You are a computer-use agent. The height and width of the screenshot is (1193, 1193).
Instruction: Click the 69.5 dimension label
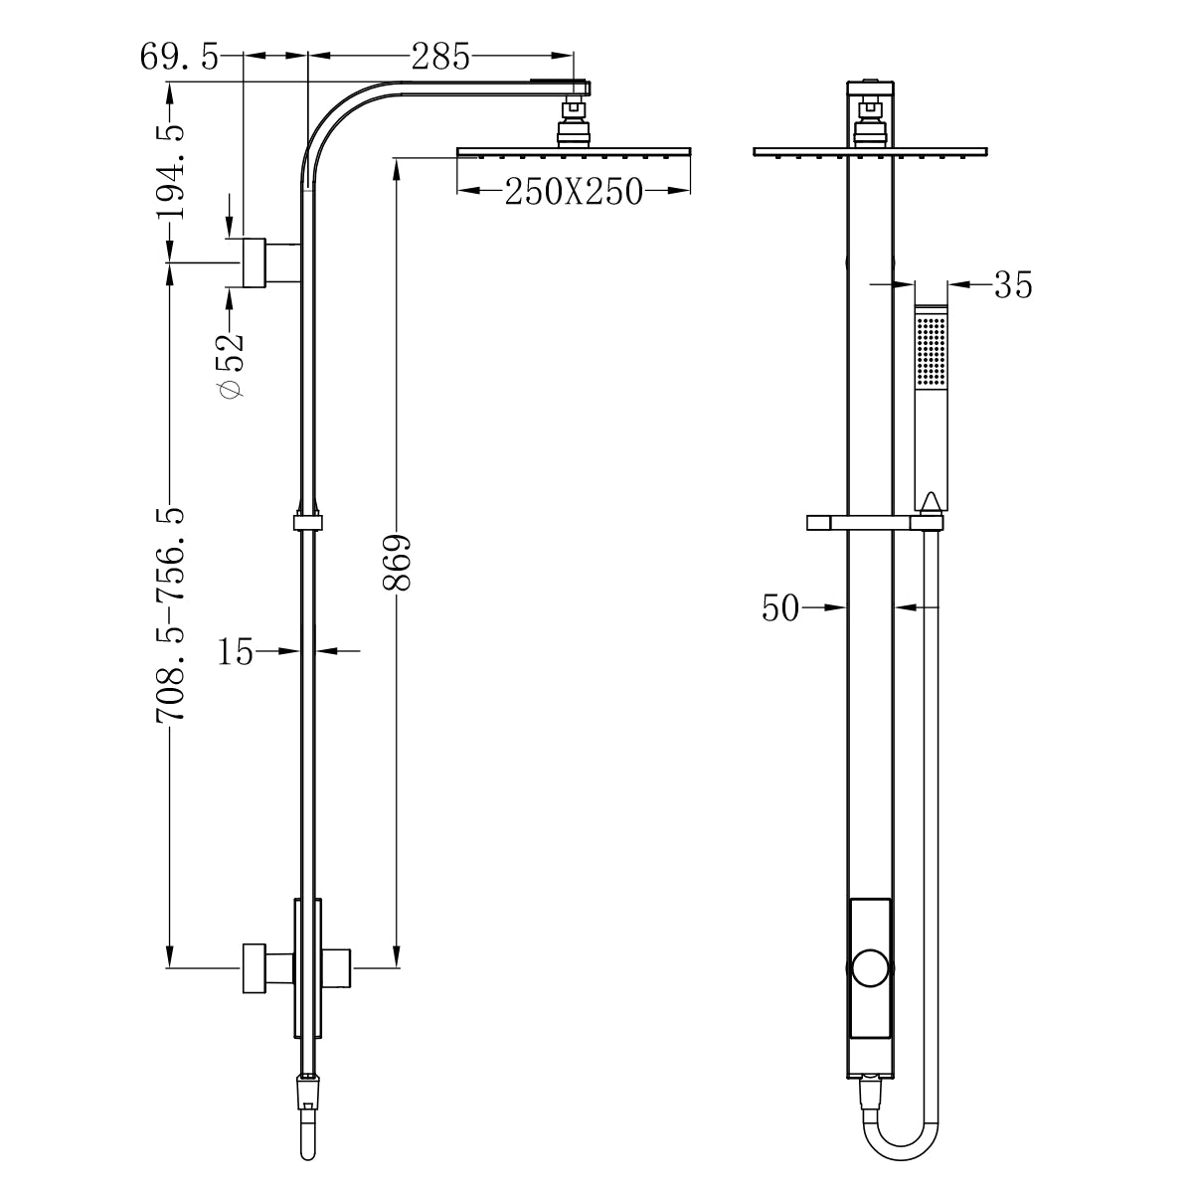coord(179,57)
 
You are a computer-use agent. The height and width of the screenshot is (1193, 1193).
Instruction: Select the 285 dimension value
coord(440,57)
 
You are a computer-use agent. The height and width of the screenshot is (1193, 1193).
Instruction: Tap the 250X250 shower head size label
coord(574,191)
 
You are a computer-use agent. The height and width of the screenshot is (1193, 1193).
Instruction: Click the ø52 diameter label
coord(230,363)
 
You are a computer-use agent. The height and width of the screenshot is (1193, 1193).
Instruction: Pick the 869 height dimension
coord(397,563)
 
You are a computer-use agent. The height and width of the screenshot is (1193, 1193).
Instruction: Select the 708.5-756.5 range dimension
coord(170,616)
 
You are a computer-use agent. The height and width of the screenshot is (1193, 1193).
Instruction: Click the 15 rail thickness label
coord(236,652)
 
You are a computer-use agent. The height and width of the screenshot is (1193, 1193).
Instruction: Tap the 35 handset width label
coord(1013,286)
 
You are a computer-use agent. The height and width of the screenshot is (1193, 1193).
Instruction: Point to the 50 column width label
coord(780,607)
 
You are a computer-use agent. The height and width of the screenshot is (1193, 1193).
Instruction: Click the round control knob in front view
coord(870,967)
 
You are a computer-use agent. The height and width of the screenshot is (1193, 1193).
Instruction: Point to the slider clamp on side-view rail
coord(309,522)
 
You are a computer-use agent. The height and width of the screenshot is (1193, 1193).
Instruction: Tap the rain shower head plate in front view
coord(870,152)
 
